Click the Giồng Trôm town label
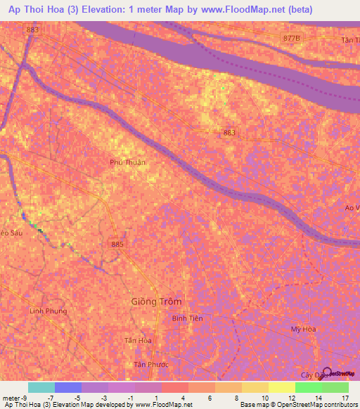(x=156, y=301)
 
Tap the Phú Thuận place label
(x=128, y=162)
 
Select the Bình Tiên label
(x=187, y=318)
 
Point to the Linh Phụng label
(x=47, y=310)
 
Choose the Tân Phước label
(x=149, y=364)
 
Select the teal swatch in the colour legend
(x=41, y=387)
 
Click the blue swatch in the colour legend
(x=67, y=387)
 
